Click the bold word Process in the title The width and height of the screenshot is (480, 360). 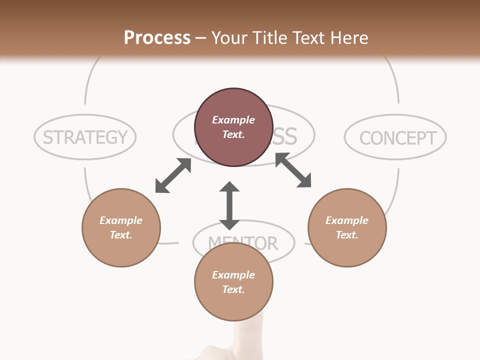point(157,38)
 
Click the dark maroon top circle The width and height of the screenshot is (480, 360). point(233,127)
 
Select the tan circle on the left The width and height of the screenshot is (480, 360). point(121,227)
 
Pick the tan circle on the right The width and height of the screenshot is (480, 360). point(347,227)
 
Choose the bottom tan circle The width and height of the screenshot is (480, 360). point(233,282)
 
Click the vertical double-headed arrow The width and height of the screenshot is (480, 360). point(229,205)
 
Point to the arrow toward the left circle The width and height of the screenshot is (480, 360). point(173,175)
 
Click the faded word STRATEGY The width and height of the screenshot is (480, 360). point(85,137)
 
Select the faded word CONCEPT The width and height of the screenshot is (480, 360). point(397,138)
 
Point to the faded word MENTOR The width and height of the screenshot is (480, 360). point(243,243)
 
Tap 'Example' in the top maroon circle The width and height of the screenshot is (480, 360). point(233,120)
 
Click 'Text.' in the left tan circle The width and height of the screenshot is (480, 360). point(121,235)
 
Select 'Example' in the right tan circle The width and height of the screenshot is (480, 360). point(347,220)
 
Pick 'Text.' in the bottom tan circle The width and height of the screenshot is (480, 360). point(233,289)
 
